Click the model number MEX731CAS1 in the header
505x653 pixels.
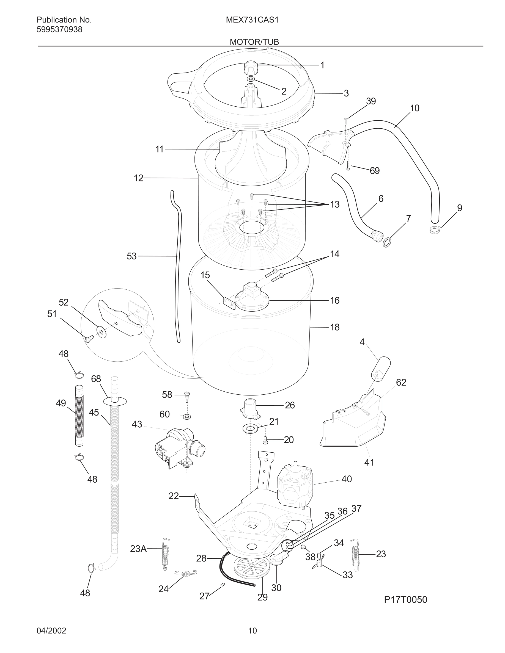point(252,20)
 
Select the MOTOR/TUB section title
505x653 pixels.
point(254,42)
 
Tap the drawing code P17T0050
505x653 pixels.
point(405,599)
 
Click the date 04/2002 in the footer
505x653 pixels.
point(51,631)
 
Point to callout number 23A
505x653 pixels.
point(138,549)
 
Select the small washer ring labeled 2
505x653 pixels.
point(251,79)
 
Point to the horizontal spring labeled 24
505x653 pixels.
point(186,573)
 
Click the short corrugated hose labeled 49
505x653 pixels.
point(79,416)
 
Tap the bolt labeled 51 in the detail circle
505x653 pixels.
point(88,339)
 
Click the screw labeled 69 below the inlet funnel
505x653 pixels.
point(348,165)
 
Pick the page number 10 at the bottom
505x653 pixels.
point(252,631)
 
